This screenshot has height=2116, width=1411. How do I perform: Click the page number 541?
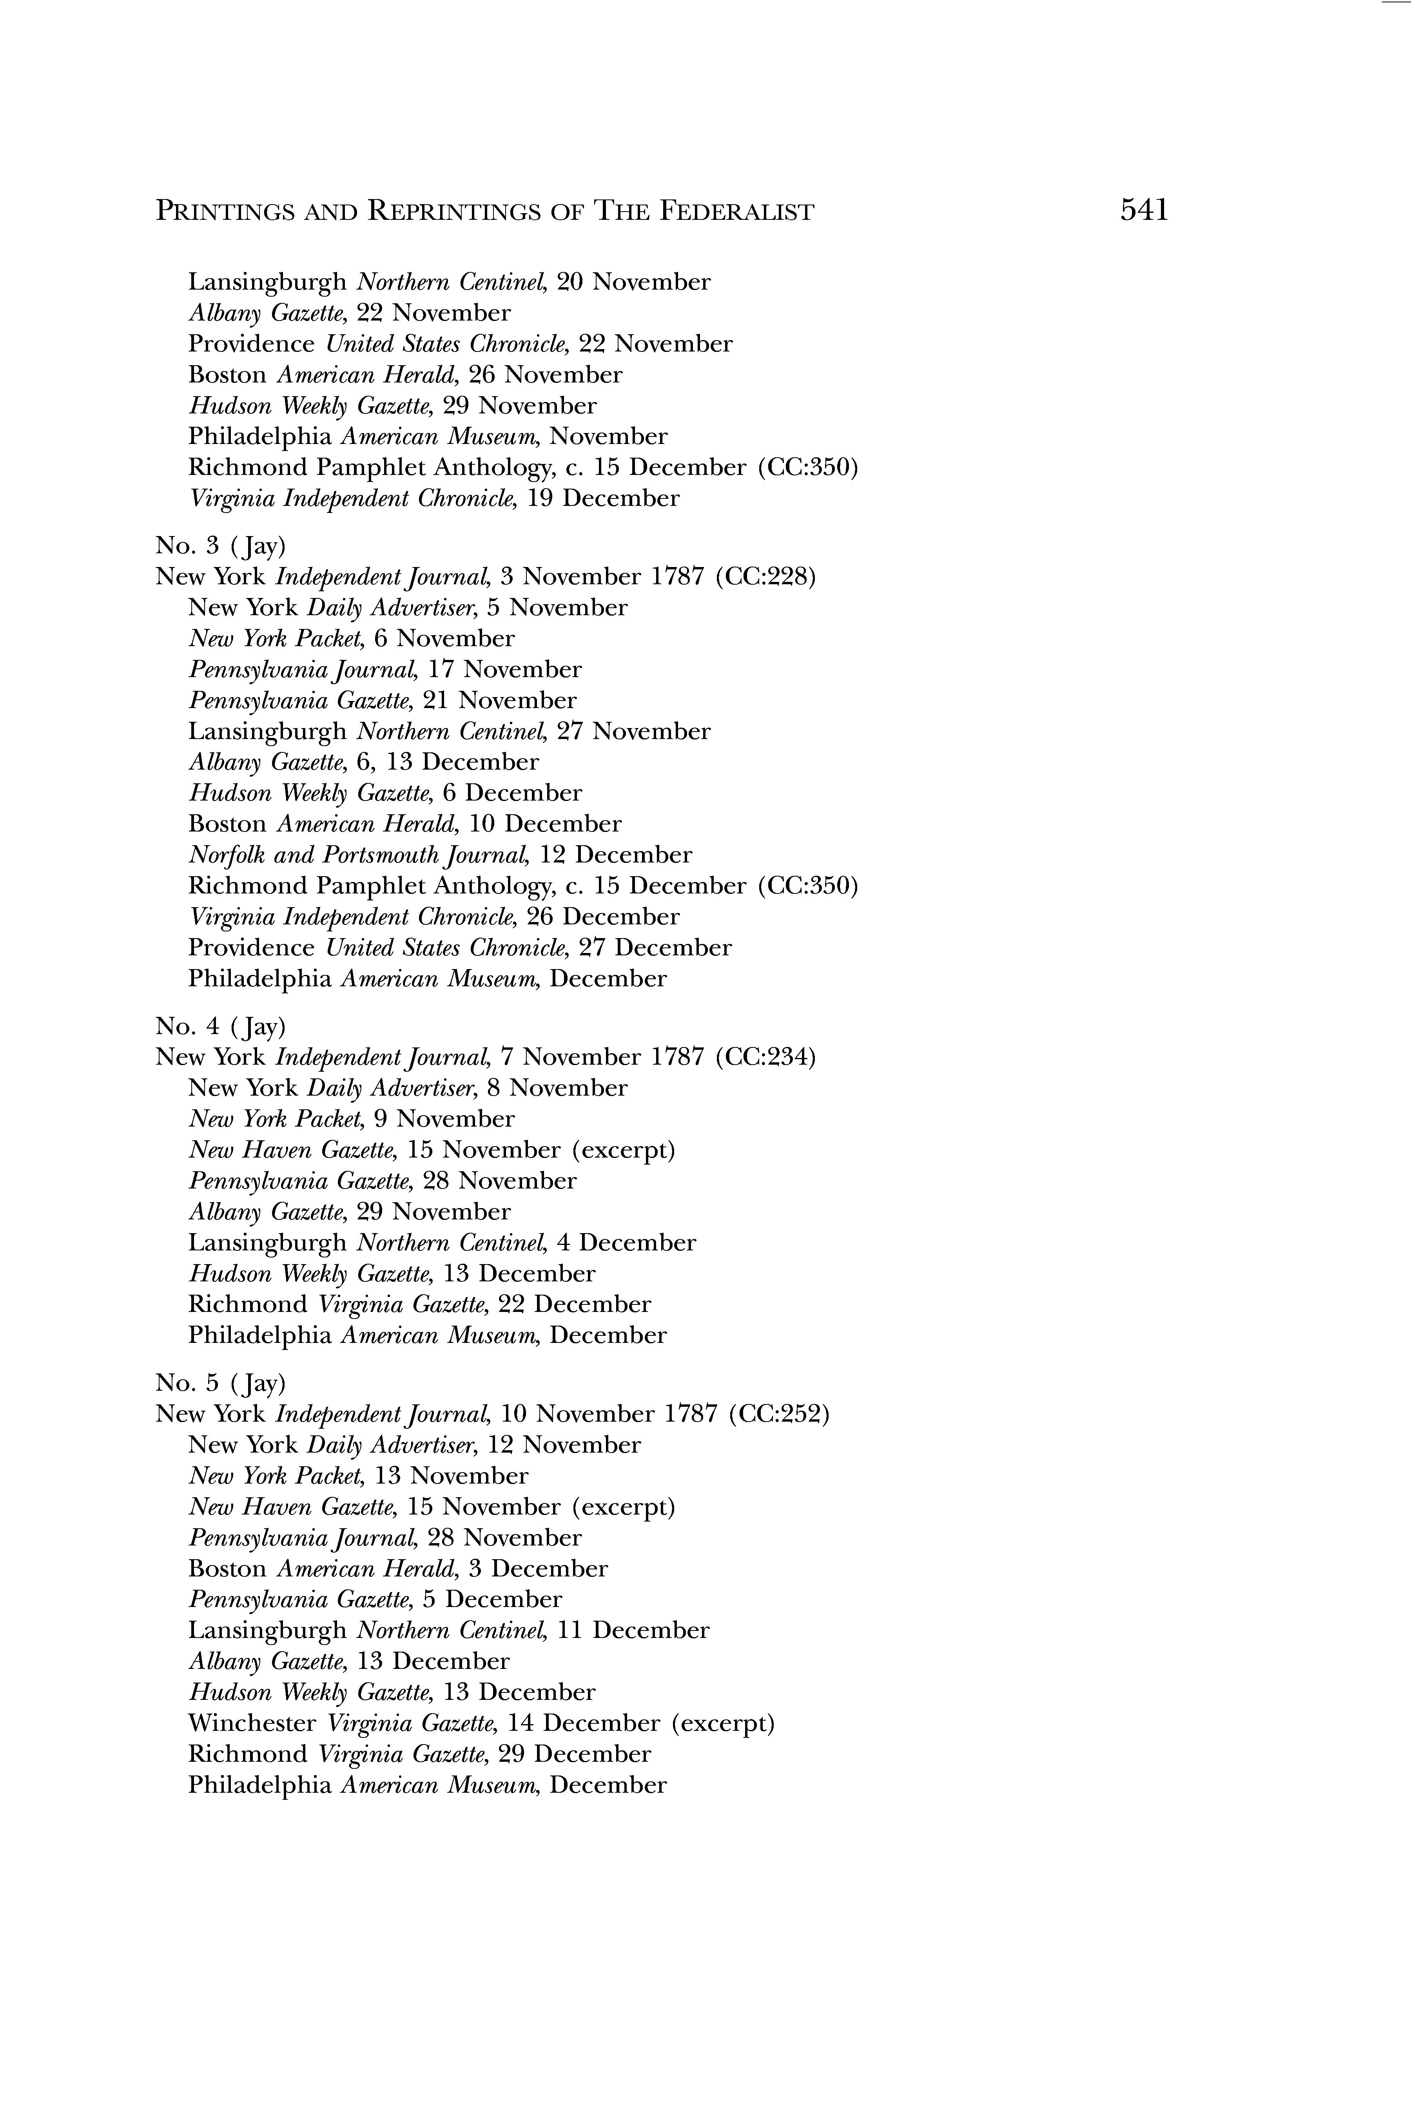[1144, 210]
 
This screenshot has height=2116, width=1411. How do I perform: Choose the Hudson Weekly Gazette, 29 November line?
[392, 406]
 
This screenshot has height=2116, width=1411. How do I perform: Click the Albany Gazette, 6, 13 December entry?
[364, 762]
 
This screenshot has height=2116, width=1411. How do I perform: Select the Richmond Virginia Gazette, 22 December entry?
[419, 1304]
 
